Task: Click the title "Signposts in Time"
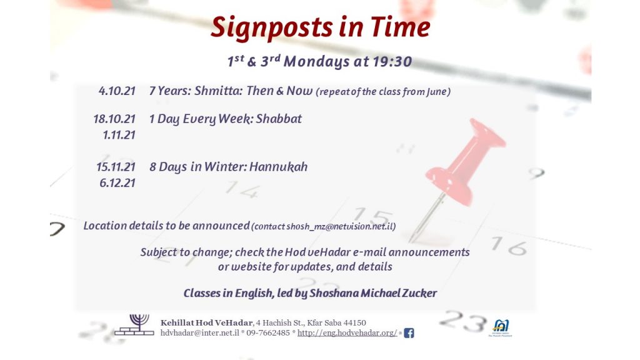321,27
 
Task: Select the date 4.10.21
117,91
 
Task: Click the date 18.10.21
114,119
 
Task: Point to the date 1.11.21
119,135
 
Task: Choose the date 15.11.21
116,167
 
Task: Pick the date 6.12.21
117,183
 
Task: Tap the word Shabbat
279,119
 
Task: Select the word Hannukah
278,166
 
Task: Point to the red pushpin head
465,161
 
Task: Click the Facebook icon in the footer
409,333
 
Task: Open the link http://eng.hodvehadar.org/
347,333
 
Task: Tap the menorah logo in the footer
134,325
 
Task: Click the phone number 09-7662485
268,333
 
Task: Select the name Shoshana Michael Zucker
373,293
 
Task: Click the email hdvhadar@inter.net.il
199,333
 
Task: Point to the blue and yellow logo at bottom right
501,327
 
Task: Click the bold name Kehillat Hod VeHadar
206,323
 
